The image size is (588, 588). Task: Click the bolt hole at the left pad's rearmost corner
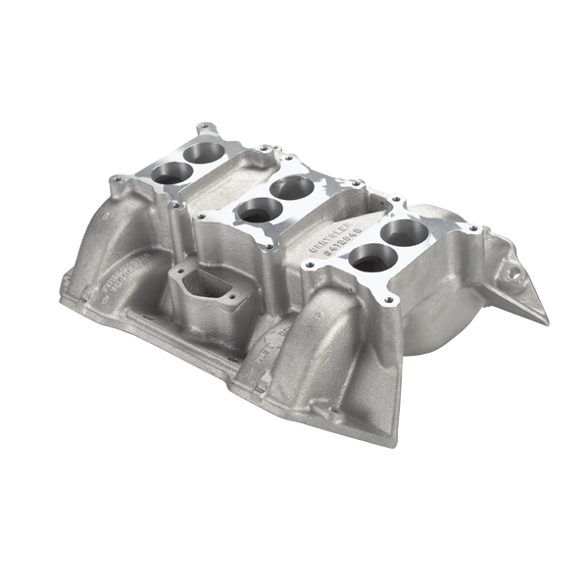click(203, 127)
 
